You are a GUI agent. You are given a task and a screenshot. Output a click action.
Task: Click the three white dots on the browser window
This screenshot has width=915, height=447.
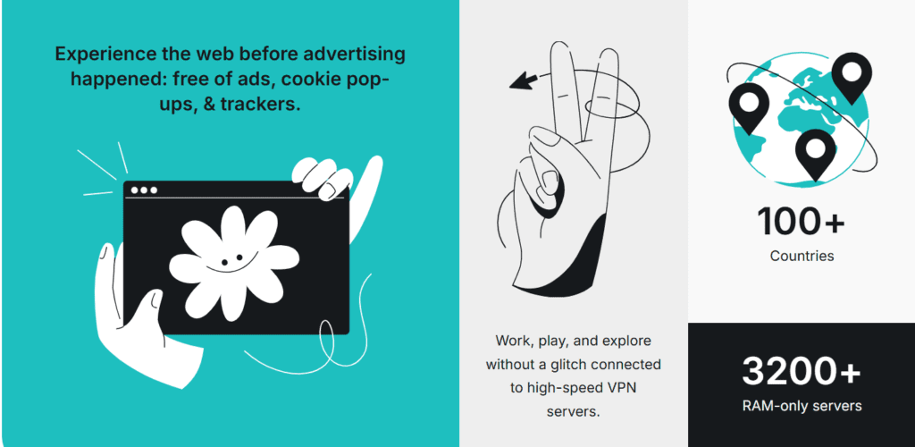tap(144, 190)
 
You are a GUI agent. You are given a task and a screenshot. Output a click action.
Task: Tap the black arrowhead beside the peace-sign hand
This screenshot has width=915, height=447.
tap(524, 80)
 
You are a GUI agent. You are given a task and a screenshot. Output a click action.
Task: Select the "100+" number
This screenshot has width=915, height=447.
tap(801, 222)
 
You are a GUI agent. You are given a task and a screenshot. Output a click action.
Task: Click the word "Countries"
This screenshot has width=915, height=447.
tap(802, 256)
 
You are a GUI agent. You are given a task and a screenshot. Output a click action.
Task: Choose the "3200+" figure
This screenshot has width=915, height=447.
tap(802, 372)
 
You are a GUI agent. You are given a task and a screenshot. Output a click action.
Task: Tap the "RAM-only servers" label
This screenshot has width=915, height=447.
tap(802, 406)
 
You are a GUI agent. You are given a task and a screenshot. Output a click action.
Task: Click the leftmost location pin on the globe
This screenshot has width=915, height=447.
tap(749, 108)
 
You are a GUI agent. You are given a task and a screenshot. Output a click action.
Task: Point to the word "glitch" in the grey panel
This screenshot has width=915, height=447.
tap(568, 365)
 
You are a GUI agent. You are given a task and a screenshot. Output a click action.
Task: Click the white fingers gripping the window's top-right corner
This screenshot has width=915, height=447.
tap(322, 178)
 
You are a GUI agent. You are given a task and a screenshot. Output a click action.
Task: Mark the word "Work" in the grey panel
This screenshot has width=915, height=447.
tap(510, 341)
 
